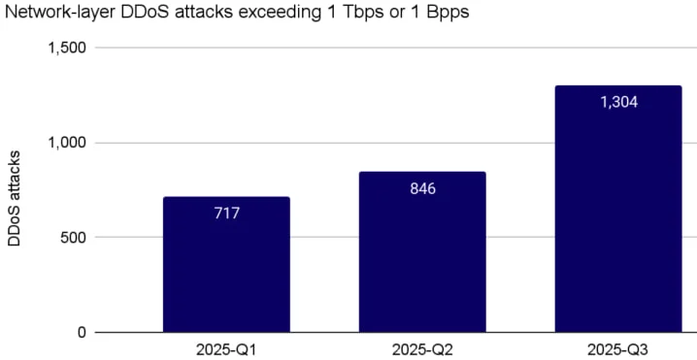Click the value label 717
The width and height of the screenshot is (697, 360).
(226, 213)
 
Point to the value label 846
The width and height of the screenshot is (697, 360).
(422, 188)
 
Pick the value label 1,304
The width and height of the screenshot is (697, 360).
(617, 102)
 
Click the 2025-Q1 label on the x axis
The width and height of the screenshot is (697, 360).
(226, 347)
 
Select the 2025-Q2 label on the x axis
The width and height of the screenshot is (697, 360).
(422, 347)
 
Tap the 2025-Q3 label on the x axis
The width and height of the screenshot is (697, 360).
(617, 347)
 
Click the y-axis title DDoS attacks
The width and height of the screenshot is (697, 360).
(15, 198)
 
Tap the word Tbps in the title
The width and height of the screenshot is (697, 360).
(364, 14)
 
